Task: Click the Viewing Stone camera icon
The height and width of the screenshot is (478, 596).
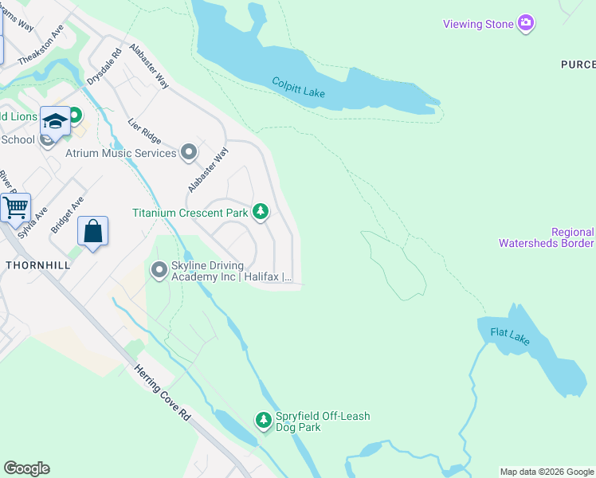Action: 525,24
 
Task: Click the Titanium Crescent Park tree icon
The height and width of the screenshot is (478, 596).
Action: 260,212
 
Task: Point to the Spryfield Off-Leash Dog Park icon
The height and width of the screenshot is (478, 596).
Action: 264,419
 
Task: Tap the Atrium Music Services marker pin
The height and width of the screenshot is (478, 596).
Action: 189,152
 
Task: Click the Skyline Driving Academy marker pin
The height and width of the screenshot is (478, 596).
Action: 159,272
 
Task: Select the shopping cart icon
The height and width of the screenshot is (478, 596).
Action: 15,208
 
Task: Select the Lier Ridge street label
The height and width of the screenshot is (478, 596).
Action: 144,131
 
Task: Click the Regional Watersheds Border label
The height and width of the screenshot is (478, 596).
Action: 546,237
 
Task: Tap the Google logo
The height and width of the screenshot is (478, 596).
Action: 26,468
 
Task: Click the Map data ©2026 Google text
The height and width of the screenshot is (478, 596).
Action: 547,472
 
